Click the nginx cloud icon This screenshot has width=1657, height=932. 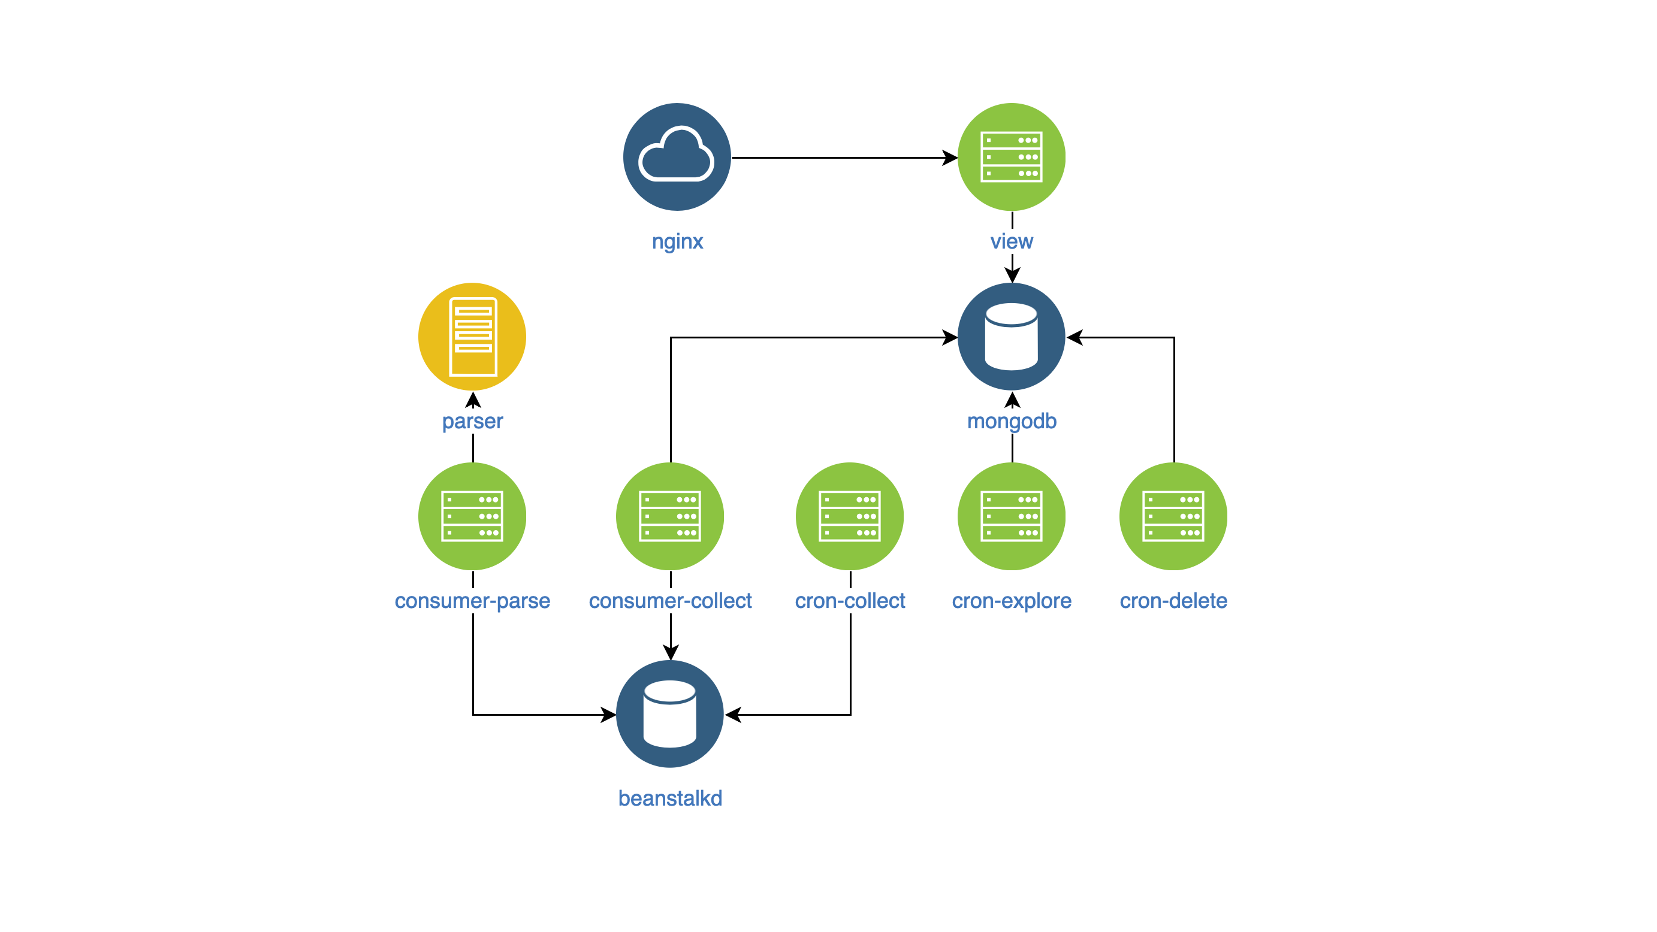click(677, 157)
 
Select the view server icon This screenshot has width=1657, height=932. click(1011, 157)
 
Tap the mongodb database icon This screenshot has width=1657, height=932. click(1011, 336)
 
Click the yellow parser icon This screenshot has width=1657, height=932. click(472, 336)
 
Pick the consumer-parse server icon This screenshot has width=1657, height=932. click(472, 516)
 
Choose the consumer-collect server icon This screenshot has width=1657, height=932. click(669, 516)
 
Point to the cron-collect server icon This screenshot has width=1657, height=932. click(850, 516)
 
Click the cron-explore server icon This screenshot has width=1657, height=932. click(1011, 516)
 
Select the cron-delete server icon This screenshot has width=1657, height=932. click(1173, 516)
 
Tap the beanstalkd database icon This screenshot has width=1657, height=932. click(669, 713)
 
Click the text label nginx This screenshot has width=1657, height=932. click(677, 241)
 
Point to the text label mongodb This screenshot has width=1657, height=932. click(1012, 421)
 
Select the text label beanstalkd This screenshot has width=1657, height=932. click(670, 798)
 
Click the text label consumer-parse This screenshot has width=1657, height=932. click(472, 601)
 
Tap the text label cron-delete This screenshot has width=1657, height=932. click(1173, 601)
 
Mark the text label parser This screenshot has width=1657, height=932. click(472, 421)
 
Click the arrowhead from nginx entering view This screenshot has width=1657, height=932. click(950, 158)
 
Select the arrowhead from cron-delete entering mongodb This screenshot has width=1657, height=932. click(1075, 337)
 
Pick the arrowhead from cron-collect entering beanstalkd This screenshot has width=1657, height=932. click(734, 714)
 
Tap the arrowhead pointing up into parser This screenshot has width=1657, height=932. click(473, 400)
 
